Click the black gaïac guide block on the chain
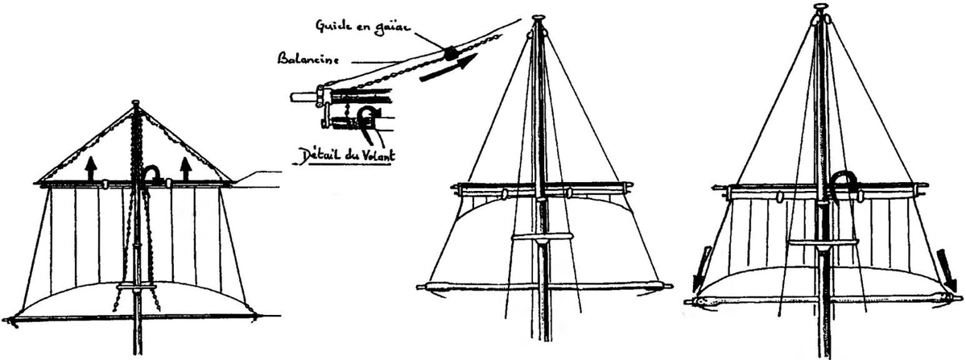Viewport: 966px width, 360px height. tap(450, 53)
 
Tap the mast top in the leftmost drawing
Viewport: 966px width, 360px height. tap(135, 104)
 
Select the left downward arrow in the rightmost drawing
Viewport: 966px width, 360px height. tap(702, 265)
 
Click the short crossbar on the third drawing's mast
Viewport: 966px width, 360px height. tap(541, 237)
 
